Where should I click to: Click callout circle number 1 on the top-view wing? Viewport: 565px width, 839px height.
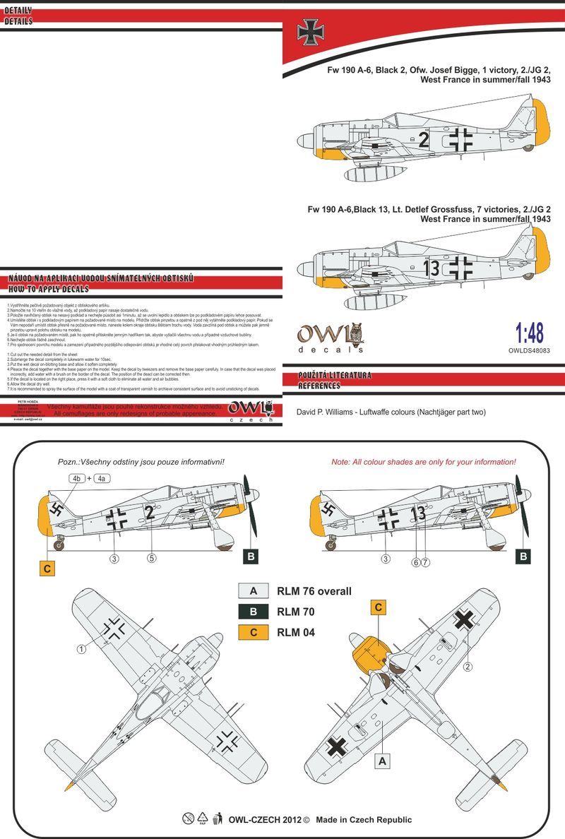click(82, 649)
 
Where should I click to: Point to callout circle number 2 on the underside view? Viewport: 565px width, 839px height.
click(467, 665)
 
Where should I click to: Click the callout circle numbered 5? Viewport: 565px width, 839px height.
click(151, 559)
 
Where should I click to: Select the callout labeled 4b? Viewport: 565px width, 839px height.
click(77, 478)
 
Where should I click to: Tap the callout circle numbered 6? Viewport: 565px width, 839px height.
click(417, 561)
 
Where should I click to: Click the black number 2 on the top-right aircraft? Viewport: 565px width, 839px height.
click(423, 141)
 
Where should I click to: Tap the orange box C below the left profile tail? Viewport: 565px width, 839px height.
click(47, 566)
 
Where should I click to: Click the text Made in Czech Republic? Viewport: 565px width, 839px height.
click(364, 819)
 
